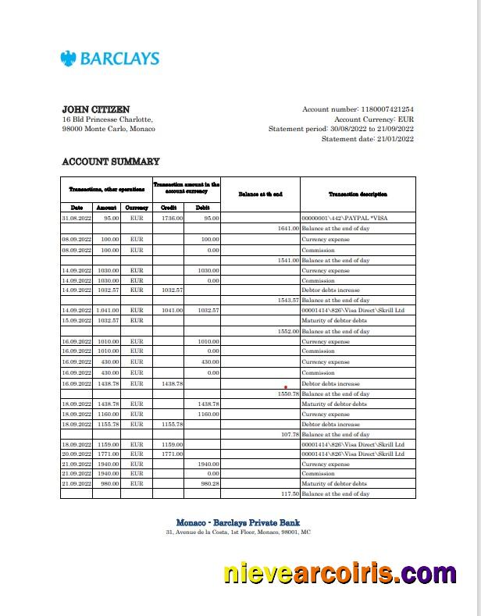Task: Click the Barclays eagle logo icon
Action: coord(69,58)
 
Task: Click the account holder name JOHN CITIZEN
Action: coord(96,109)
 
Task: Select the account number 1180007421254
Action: coord(386,109)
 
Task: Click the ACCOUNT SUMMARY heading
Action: coord(110,162)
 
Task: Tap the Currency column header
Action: coord(137,208)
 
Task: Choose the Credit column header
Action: coord(168,208)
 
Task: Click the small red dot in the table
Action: coord(286,386)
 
